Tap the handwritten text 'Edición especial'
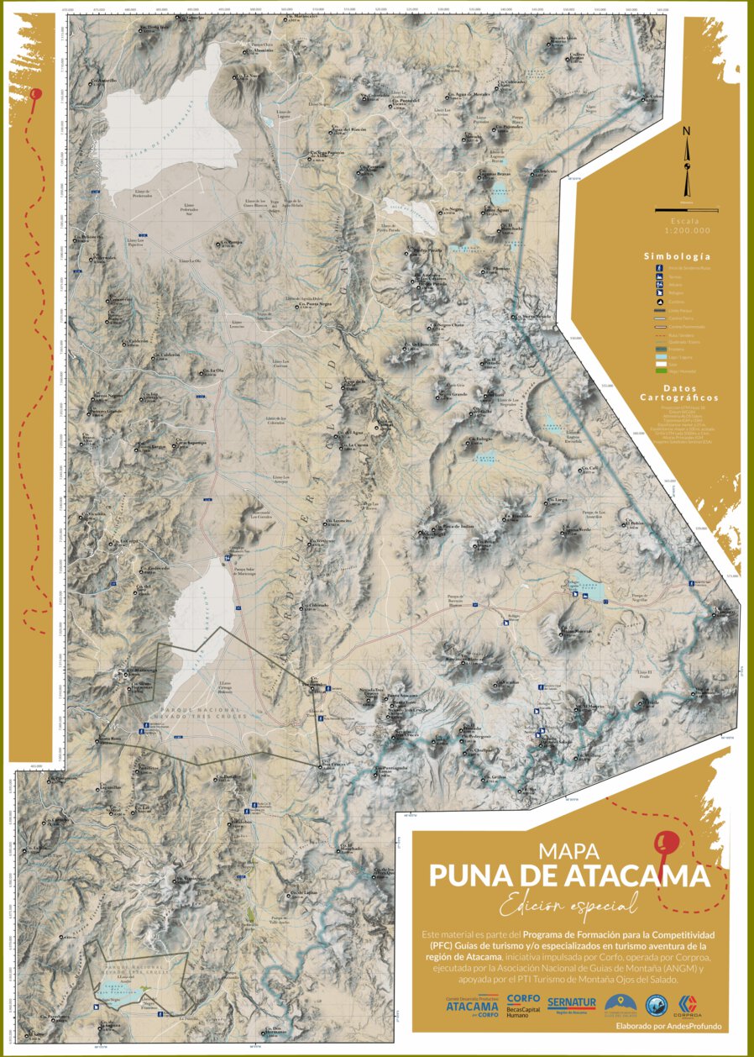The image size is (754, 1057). (567, 905)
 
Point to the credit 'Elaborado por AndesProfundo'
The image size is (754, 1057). (668, 1027)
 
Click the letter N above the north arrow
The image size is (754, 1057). (686, 130)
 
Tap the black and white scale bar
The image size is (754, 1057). (687, 209)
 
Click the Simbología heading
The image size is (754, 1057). (677, 256)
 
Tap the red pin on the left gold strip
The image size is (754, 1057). (35, 95)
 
